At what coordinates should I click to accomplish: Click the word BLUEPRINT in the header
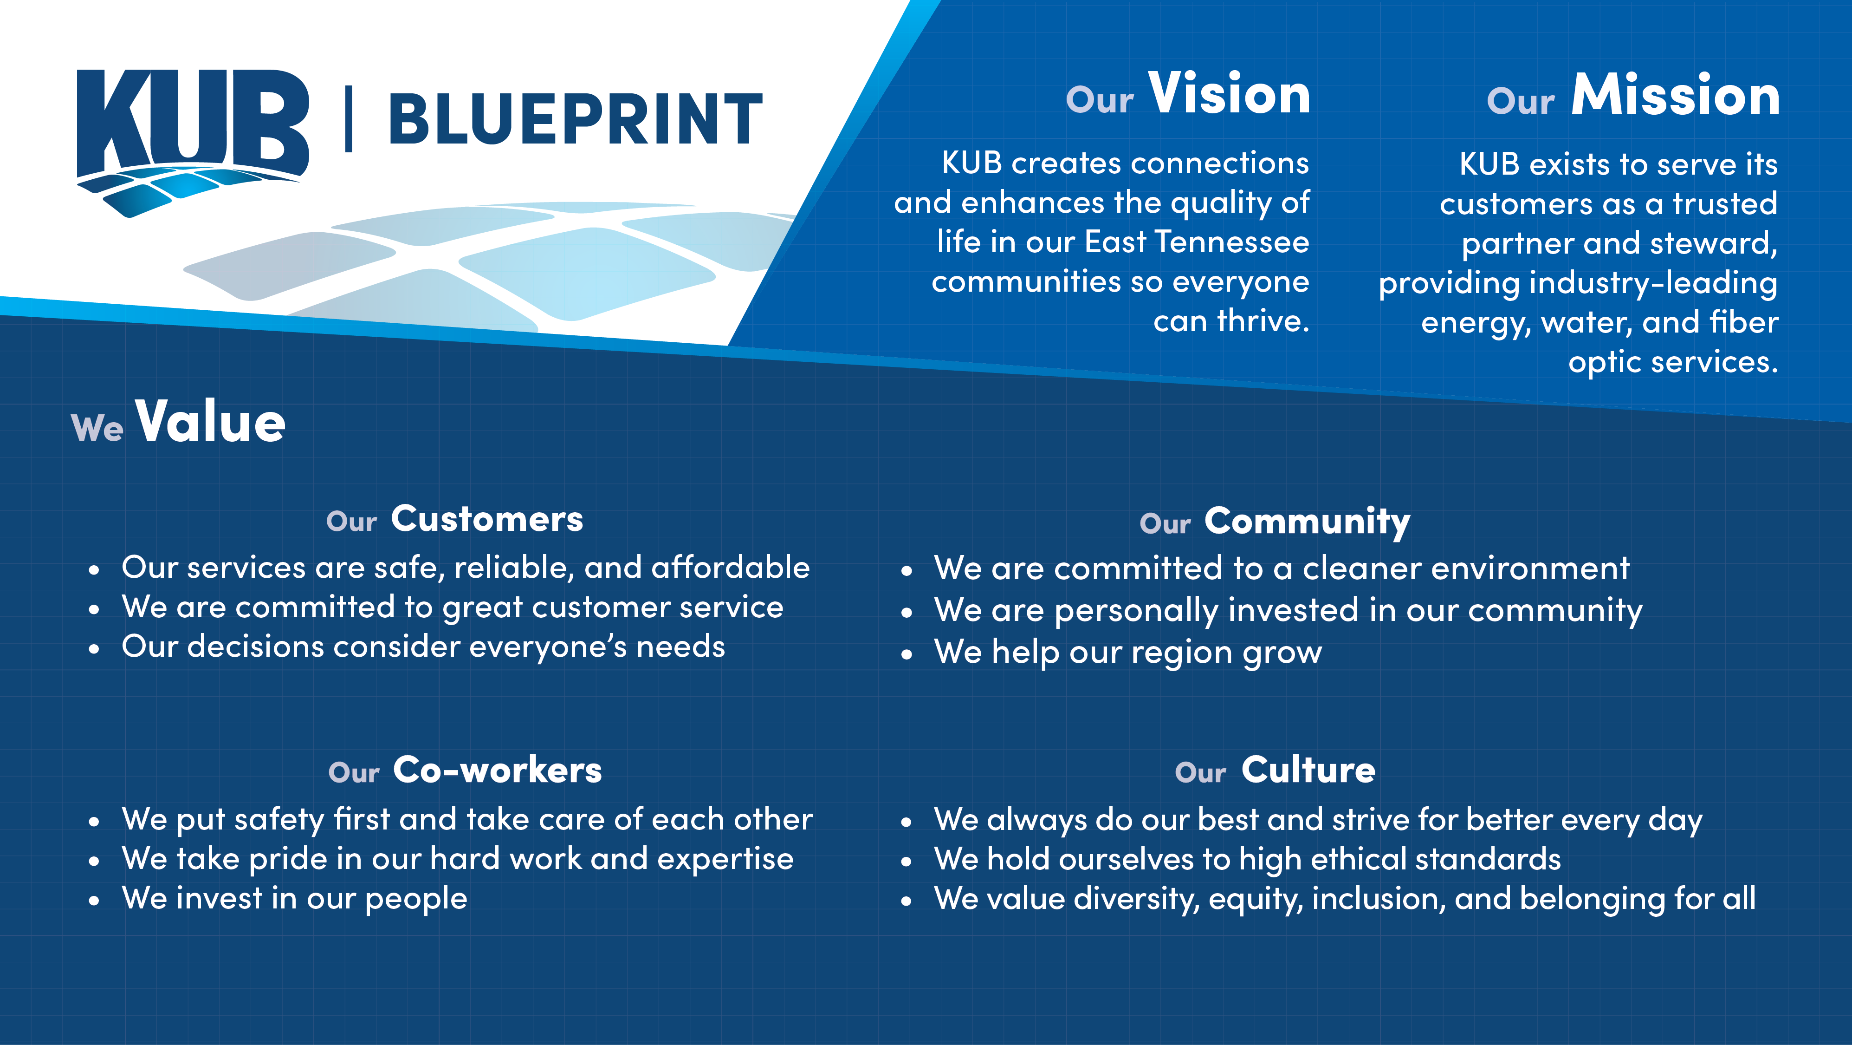575,119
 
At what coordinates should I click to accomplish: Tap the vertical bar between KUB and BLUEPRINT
349,119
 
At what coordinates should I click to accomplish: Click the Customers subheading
487,519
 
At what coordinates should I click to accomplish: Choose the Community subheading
1307,522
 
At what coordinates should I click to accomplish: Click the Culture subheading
1308,770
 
